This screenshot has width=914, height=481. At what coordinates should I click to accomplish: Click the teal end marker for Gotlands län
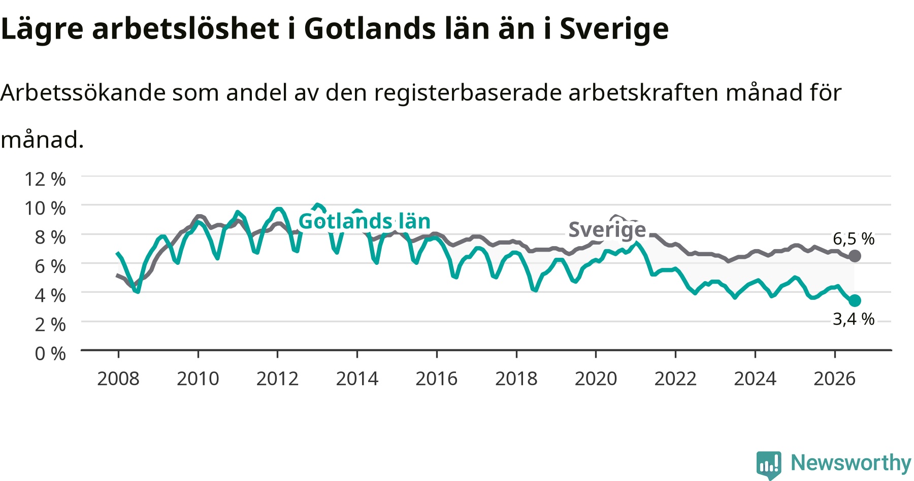(855, 300)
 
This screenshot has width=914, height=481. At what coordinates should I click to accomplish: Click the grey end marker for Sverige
(855, 256)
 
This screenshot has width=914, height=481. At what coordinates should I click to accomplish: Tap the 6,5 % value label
(854, 238)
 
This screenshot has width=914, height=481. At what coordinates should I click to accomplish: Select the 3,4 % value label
(854, 319)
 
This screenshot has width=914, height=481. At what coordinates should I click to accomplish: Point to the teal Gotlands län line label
(365, 221)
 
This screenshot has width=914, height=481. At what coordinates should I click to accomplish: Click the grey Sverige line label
(607, 230)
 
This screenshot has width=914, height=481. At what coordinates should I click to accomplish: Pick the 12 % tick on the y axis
(45, 179)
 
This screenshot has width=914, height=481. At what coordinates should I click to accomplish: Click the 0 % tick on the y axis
(50, 353)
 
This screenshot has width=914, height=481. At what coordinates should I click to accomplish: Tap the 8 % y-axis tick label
(50, 237)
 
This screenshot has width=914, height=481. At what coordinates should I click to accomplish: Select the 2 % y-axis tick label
(50, 324)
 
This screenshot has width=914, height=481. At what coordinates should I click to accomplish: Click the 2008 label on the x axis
(118, 379)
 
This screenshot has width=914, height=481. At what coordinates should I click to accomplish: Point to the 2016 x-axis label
(437, 379)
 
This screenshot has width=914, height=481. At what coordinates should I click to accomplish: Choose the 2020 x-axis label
(596, 379)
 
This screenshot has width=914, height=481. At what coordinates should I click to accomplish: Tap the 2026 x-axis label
(835, 379)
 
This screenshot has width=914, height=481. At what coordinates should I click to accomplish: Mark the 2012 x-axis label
(277, 379)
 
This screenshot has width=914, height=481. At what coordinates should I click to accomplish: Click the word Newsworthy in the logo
(851, 463)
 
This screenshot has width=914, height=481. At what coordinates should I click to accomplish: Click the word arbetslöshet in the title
(185, 28)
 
